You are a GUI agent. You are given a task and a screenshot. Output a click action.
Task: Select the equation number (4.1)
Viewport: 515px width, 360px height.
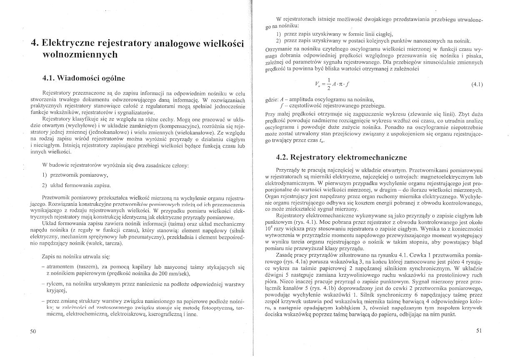point(477,84)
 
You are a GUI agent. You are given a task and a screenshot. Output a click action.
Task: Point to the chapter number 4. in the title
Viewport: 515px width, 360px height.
point(35,43)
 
